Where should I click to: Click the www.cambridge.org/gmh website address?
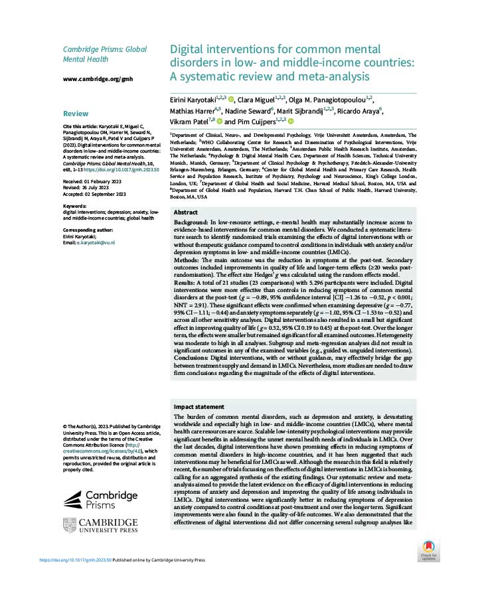98,78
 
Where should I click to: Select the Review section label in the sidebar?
75,113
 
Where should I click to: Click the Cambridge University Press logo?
100,526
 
